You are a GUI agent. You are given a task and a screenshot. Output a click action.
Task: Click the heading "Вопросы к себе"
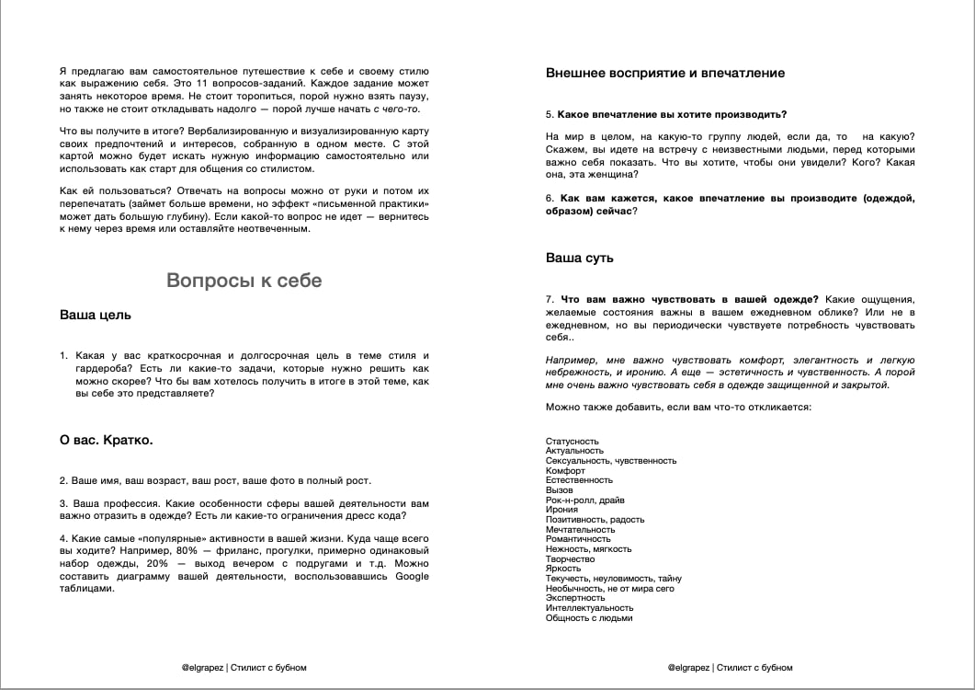point(244,281)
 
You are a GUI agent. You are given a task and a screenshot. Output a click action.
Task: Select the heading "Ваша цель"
point(96,315)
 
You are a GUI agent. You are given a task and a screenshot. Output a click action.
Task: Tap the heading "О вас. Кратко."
point(107,440)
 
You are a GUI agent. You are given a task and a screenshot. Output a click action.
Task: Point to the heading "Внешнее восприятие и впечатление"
point(665,73)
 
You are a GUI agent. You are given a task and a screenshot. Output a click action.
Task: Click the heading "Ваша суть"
point(580,258)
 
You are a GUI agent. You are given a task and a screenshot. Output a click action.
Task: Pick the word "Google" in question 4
point(412,577)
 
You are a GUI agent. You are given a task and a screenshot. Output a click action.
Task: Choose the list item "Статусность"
point(573,442)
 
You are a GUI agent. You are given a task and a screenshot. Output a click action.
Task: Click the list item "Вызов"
point(559,490)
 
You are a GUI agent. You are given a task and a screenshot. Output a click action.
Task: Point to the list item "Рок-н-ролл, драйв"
point(585,500)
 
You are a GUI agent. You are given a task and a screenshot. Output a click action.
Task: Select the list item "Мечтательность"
point(581,530)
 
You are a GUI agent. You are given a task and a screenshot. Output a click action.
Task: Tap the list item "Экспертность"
point(575,598)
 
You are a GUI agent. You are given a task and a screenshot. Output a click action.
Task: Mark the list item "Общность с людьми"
point(589,618)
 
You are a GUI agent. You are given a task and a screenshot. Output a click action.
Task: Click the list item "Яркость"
point(563,569)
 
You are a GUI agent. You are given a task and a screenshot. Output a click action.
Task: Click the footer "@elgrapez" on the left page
point(203,668)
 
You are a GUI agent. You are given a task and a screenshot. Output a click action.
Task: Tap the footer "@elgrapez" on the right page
point(689,668)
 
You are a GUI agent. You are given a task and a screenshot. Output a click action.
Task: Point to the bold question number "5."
point(550,114)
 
